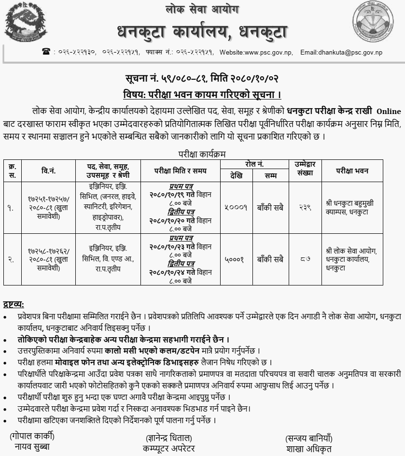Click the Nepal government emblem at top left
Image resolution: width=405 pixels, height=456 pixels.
(x=22, y=22)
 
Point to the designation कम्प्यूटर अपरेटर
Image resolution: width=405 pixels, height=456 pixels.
(x=169, y=448)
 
